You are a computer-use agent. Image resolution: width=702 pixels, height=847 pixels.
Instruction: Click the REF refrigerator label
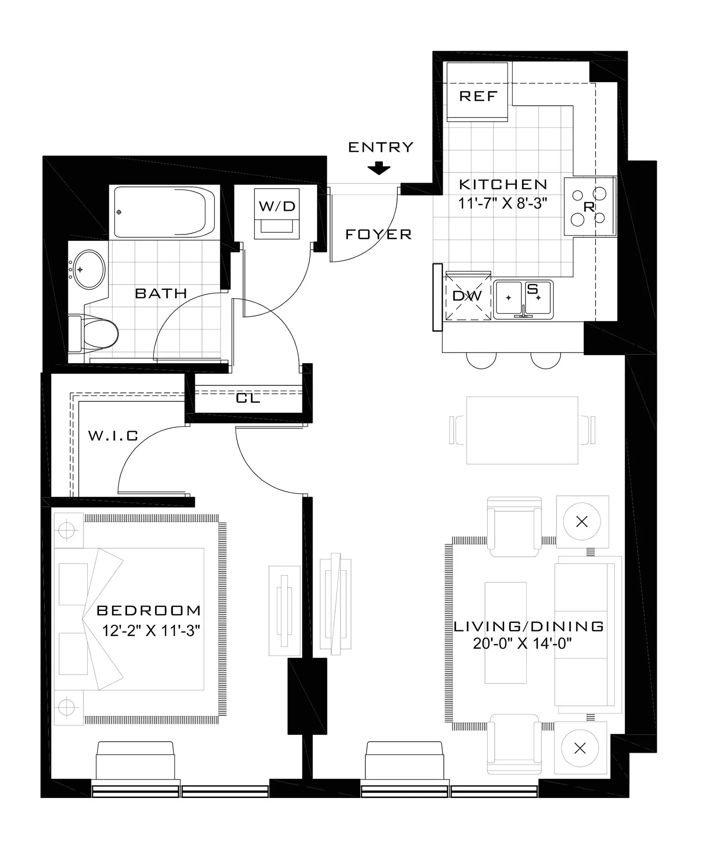[478, 96]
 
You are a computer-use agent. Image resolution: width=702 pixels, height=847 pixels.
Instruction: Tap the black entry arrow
[379, 169]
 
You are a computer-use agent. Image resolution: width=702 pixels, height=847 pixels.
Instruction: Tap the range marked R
[590, 206]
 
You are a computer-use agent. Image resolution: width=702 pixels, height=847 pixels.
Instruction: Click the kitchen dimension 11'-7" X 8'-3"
[503, 203]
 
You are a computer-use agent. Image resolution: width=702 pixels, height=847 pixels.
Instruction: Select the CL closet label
[248, 398]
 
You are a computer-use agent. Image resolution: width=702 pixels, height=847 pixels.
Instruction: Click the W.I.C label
[113, 436]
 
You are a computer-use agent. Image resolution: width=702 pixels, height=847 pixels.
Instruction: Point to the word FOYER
[378, 234]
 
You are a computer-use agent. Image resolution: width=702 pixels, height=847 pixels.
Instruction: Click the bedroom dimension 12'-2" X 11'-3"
[151, 631]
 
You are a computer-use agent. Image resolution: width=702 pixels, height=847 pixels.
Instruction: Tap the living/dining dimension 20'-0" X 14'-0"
[522, 644]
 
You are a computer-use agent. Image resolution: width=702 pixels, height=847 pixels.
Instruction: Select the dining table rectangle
[522, 430]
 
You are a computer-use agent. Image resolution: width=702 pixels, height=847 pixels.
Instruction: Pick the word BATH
[161, 293]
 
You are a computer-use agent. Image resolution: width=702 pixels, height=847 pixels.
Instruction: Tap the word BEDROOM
[149, 611]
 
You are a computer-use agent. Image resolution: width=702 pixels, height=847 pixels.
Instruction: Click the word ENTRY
[381, 147]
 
